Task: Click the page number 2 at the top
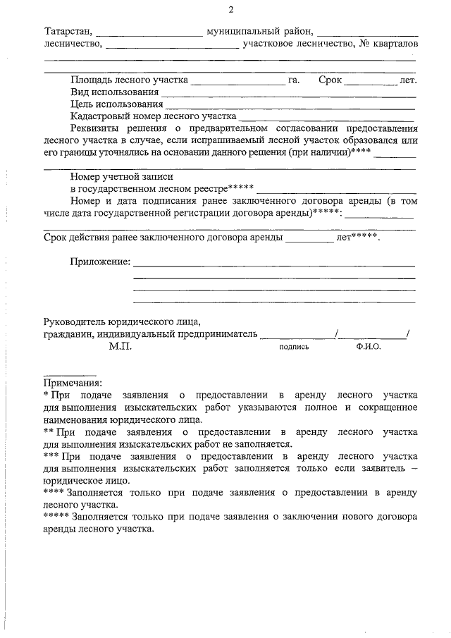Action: coord(230,10)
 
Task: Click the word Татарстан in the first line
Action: coord(68,32)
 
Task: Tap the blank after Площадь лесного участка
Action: coord(237,81)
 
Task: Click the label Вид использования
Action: coord(114,92)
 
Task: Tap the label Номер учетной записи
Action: coord(121,178)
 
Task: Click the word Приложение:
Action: coord(100,262)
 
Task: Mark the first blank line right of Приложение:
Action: coord(274,264)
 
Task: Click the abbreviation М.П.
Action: coord(119,347)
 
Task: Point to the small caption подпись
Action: coord(294,348)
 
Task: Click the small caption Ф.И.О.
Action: coord(368,348)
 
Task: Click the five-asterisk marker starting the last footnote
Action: coord(56,516)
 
